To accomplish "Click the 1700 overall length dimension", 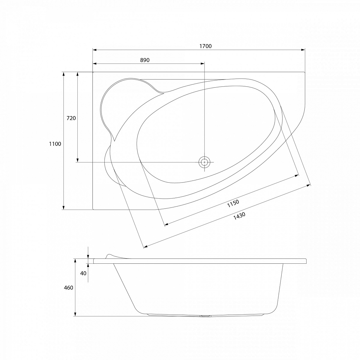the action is pyautogui.click(x=205, y=46).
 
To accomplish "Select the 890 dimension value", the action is pyautogui.click(x=145, y=60).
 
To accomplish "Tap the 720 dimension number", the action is pyautogui.click(x=71, y=118).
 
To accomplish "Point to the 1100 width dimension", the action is pyautogui.click(x=55, y=144).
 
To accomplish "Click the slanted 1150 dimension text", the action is pyautogui.click(x=233, y=203).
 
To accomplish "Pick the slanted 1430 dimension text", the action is pyautogui.click(x=239, y=216).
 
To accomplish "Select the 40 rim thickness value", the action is pyautogui.click(x=83, y=273).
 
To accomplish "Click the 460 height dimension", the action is pyautogui.click(x=68, y=287).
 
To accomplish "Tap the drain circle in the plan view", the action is pyautogui.click(x=204, y=162).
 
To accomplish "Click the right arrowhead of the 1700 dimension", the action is pyautogui.click(x=303, y=50).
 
